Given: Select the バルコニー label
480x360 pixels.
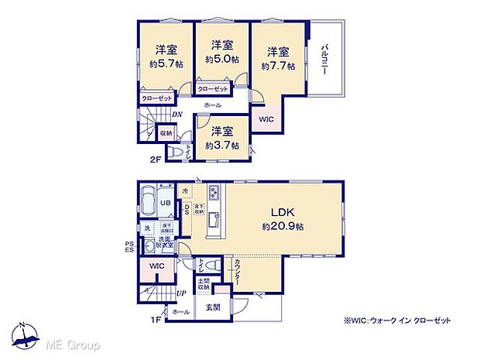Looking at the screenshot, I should click(x=325, y=59).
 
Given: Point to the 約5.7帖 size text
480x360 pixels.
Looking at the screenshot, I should click(x=165, y=63).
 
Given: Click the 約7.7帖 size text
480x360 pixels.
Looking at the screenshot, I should click(x=279, y=67).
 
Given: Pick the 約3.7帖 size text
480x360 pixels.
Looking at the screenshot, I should click(x=221, y=145).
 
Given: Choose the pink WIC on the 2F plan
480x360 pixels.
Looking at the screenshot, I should click(x=266, y=119).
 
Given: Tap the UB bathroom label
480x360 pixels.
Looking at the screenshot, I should click(x=165, y=203).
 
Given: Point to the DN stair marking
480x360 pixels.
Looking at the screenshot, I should click(x=177, y=115).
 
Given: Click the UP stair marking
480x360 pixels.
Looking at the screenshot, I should click(x=181, y=293).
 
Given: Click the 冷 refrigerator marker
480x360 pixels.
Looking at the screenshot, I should click(x=185, y=190).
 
